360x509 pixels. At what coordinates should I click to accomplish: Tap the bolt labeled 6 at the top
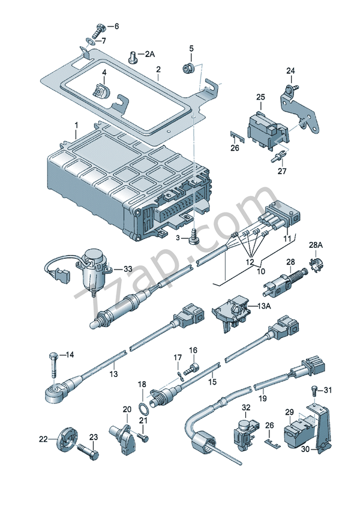(x=98, y=27)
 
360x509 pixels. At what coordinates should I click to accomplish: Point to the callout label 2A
(x=149, y=55)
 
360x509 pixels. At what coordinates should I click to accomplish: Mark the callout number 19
(x=262, y=397)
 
